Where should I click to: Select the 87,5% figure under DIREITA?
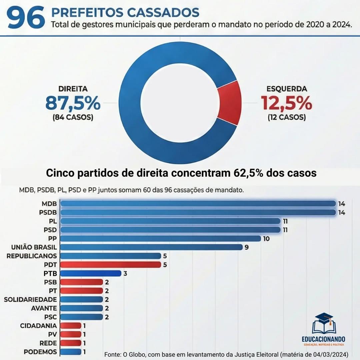coord(73,103)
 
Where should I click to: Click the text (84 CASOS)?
coord(73,117)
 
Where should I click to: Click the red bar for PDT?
coord(111,265)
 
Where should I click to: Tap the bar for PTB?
coord(90,273)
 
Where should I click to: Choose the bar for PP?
coord(160,238)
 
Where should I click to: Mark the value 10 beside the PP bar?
coord(266,239)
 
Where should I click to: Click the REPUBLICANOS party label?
coord(32,256)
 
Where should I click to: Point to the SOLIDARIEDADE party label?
coord(30,299)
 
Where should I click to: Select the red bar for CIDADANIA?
coord(71,325)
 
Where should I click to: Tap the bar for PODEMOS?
coord(71,352)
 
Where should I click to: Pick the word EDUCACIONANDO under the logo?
coord(324,339)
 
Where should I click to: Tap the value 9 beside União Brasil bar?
coord(247,247)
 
